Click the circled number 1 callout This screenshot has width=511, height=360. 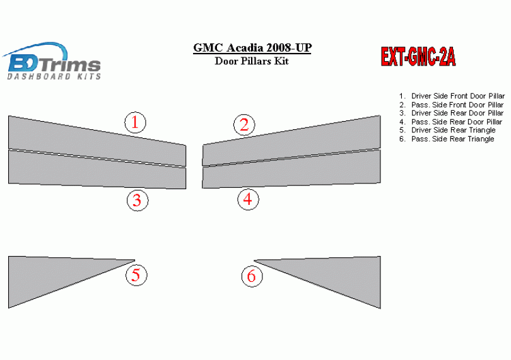click(135, 122)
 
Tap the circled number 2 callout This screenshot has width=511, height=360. click(244, 125)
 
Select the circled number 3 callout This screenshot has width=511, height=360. click(138, 200)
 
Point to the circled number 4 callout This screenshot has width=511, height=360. click(248, 199)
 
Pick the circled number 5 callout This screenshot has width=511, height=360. click(136, 275)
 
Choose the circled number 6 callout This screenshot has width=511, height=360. click(252, 276)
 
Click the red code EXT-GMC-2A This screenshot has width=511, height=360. click(418, 57)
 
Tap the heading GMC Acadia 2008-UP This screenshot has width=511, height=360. click(252, 47)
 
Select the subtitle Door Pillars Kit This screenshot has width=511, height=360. click(252, 61)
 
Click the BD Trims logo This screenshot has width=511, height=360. click(52, 61)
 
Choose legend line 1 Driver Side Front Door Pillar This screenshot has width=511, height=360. click(452, 96)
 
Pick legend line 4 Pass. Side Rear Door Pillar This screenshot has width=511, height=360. click(450, 122)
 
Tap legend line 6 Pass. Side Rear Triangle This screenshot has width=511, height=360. click(447, 139)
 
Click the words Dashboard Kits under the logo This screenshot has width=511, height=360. click(54, 76)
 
